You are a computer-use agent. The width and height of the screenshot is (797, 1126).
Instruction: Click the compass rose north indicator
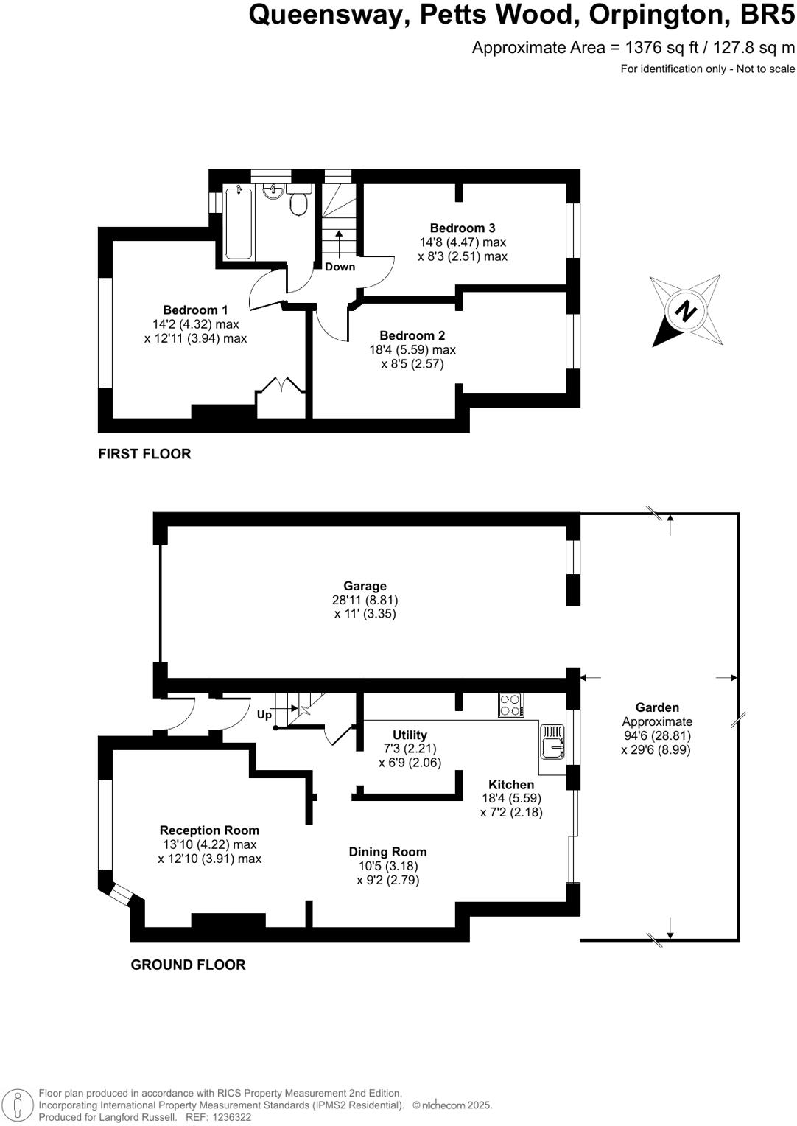tap(686, 311)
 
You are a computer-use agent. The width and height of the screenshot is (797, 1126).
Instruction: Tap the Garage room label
tap(365, 586)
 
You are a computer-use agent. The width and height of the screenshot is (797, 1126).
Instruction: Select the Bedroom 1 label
tap(195, 310)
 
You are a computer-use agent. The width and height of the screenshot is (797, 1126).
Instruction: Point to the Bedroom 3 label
tap(463, 228)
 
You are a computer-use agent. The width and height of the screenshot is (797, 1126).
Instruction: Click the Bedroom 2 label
tap(412, 335)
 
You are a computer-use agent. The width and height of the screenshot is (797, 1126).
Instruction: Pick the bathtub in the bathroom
tap(238, 223)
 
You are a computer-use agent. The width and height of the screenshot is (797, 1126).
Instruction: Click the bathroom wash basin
tap(273, 192)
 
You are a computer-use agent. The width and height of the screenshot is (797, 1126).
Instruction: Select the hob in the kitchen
tap(510, 705)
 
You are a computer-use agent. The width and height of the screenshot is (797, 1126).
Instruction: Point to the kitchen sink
tap(552, 742)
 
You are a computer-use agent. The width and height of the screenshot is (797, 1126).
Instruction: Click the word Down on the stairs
tap(340, 267)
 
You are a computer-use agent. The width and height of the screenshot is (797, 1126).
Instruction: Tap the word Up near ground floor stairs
tap(264, 715)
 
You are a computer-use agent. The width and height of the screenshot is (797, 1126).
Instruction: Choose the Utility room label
tap(410, 735)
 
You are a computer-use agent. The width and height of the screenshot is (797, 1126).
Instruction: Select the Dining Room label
tap(387, 852)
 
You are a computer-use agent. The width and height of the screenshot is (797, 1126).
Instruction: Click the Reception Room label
tap(209, 830)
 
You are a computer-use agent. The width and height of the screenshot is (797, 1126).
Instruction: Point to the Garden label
tap(657, 707)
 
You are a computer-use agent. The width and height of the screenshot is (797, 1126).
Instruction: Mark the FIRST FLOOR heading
tap(144, 454)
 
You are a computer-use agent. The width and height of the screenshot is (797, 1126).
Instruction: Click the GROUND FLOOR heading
tap(188, 965)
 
